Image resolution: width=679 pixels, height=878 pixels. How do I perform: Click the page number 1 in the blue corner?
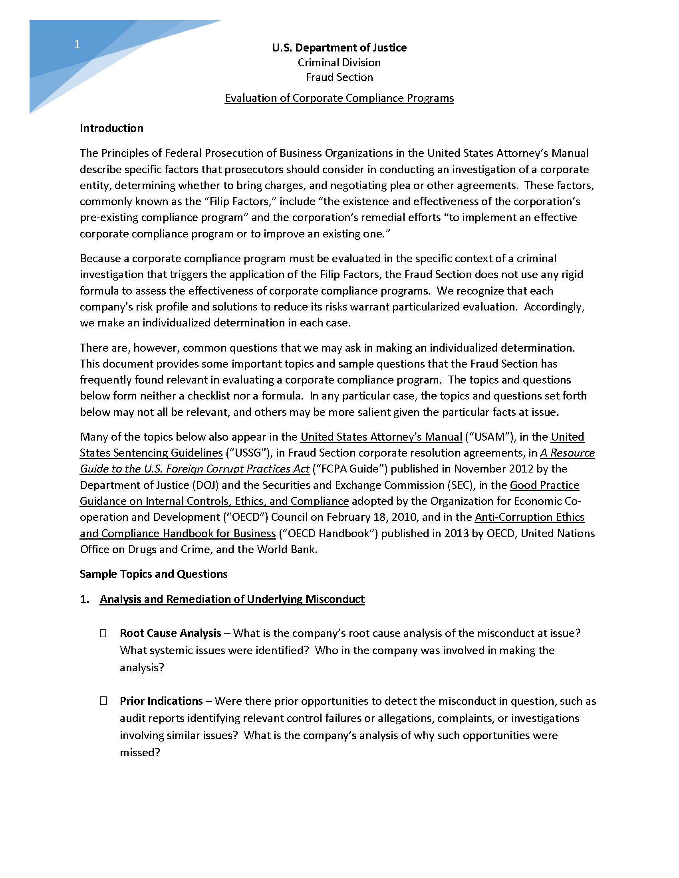click(x=77, y=44)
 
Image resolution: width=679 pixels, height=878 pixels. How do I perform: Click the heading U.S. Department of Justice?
click(x=339, y=47)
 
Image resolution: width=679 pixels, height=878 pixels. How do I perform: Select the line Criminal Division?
click(x=339, y=62)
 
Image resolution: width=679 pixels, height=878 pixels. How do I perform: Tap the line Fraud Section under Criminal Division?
click(x=339, y=77)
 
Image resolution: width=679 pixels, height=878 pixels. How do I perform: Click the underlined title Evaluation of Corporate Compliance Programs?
click(x=339, y=98)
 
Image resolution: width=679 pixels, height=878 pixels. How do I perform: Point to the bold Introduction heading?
click(x=111, y=128)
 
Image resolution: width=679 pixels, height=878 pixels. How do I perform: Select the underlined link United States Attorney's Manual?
click(x=381, y=437)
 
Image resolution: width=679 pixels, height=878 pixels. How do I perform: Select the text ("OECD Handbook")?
click(x=328, y=533)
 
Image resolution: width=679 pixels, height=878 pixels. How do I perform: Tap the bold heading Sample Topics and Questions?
click(x=153, y=574)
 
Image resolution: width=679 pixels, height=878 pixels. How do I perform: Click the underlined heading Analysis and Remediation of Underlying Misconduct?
click(x=232, y=599)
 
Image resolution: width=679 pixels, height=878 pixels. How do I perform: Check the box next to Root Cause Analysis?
click(x=103, y=634)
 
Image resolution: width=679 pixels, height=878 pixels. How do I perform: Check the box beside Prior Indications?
click(x=103, y=701)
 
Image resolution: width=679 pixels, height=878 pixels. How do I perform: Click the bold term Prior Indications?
click(x=161, y=701)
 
